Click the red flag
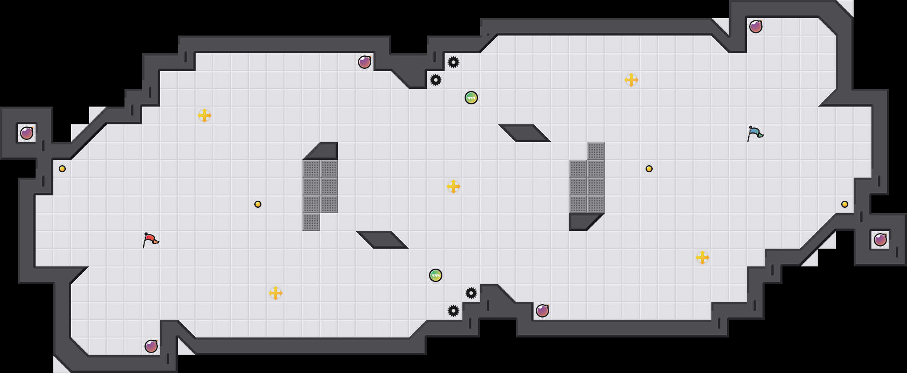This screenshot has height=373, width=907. pyautogui.click(x=150, y=240)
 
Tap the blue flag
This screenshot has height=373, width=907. pyautogui.click(x=755, y=133)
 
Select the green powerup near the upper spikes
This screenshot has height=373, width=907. pyautogui.click(x=471, y=98)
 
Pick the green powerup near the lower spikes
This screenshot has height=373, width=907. pyautogui.click(x=436, y=275)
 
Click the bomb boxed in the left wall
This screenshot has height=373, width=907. pyautogui.click(x=27, y=133)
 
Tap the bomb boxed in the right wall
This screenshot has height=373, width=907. pyautogui.click(x=880, y=240)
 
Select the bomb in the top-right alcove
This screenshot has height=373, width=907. pyautogui.click(x=756, y=27)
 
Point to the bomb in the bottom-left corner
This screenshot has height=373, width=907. pyautogui.click(x=151, y=346)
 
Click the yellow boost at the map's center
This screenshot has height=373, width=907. pyautogui.click(x=453, y=186)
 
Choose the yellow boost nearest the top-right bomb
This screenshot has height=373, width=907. pyautogui.click(x=631, y=80)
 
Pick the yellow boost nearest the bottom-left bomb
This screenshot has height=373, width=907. pyautogui.click(x=276, y=293)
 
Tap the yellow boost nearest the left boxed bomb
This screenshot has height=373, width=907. pyautogui.click(x=205, y=115)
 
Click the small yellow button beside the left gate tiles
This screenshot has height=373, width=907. pyautogui.click(x=258, y=204)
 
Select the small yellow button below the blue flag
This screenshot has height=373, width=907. pyautogui.click(x=649, y=169)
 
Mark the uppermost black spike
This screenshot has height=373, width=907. pyautogui.click(x=453, y=62)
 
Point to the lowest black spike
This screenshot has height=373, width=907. pyautogui.click(x=453, y=311)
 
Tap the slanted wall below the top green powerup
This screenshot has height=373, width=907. pyautogui.click(x=525, y=133)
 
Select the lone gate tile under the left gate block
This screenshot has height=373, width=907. pyautogui.click(x=311, y=222)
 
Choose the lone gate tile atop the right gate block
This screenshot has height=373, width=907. pyautogui.click(x=596, y=151)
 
